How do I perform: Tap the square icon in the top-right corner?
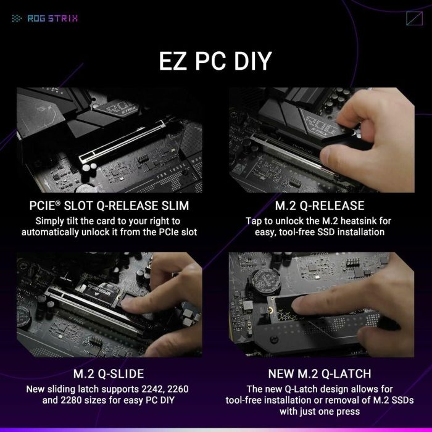click(415, 17)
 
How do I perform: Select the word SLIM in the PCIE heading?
click(168, 206)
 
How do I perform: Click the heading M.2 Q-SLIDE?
click(108, 373)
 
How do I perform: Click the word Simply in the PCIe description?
click(49, 220)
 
